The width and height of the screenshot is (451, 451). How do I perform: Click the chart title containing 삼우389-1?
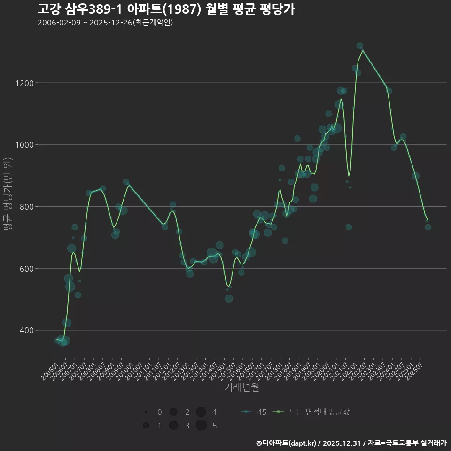pos(166,9)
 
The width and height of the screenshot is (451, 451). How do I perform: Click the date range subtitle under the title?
pos(105,23)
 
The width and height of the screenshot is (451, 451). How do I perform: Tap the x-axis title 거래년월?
pos(241,388)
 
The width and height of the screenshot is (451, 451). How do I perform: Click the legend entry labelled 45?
pos(254,412)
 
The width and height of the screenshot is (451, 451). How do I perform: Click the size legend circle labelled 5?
pos(201,426)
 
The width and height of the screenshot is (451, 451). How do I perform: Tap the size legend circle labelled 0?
pos(146,412)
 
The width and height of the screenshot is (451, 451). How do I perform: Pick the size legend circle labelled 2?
pos(173,412)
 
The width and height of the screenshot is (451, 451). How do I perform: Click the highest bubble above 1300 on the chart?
pos(359,46)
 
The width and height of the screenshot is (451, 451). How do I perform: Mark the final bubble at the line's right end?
pos(428,227)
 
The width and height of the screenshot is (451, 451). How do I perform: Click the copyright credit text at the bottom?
pos(351,443)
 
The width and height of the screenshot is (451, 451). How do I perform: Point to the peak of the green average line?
pos(363,50)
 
